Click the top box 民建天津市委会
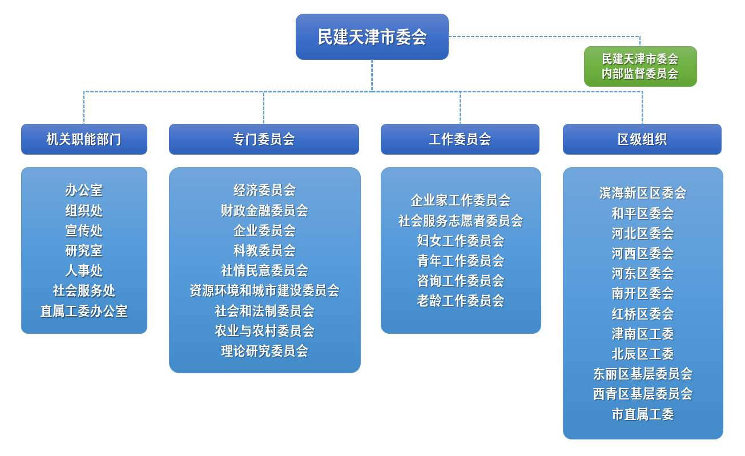[x=372, y=37]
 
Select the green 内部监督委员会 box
[x=640, y=67]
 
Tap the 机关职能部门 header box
[x=84, y=139]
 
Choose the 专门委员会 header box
[x=264, y=139]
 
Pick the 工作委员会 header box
[x=460, y=139]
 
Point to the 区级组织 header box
[x=642, y=139]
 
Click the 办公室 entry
[x=84, y=190]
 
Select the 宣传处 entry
[x=84, y=231]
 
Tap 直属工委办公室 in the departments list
[x=84, y=311]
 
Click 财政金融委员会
[x=264, y=211]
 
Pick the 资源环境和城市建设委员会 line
[x=264, y=290]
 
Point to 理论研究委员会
[x=264, y=351]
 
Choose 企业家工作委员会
[x=461, y=200]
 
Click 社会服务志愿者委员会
[x=461, y=220]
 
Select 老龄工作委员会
[x=461, y=301]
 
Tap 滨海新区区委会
[x=643, y=193]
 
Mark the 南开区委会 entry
[x=643, y=293]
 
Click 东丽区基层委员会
[x=643, y=374]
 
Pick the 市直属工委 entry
[x=643, y=414]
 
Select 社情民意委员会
[x=264, y=271]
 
